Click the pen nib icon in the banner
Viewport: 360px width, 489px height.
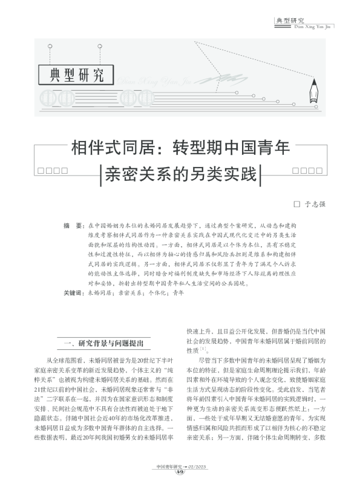[x=315, y=91]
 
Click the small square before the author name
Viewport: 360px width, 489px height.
[x=297, y=205]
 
